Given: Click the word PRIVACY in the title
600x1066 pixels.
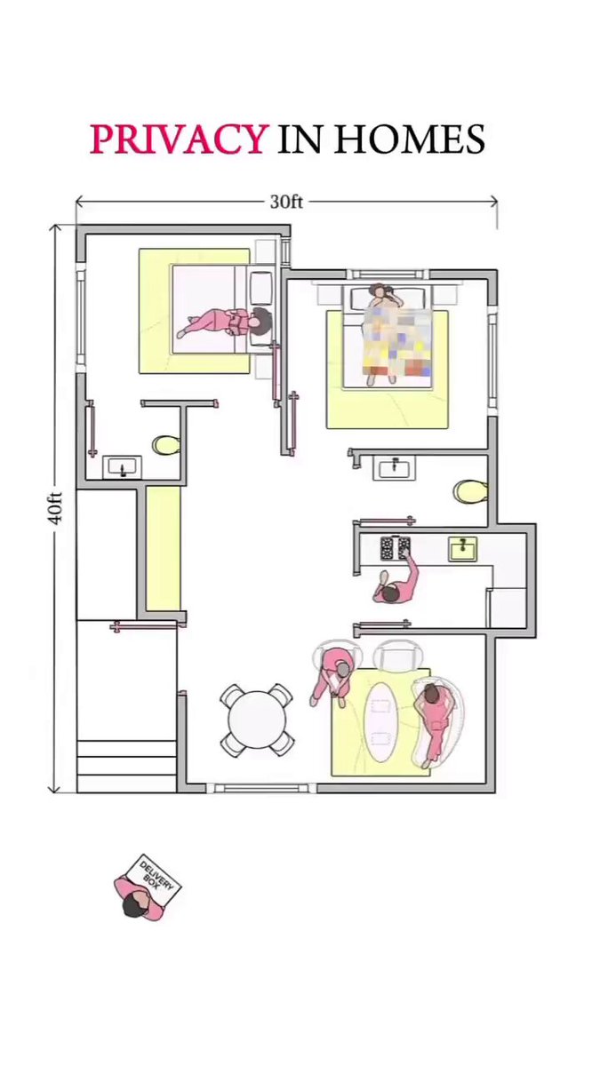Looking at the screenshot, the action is [177, 139].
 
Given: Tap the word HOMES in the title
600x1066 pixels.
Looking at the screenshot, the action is [410, 139].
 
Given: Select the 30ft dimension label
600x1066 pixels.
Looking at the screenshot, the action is [286, 202].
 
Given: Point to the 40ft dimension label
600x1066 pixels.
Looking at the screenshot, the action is [55, 508].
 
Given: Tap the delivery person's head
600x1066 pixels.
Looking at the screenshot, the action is [135, 905].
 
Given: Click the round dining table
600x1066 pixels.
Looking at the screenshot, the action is [257, 720].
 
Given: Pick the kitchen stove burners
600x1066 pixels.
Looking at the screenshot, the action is [396, 547].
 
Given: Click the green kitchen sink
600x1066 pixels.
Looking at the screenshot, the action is [463, 549].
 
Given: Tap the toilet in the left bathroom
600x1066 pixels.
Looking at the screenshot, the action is [166, 445].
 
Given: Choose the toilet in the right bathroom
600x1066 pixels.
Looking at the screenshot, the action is [470, 491].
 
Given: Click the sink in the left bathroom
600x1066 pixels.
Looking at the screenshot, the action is [123, 467].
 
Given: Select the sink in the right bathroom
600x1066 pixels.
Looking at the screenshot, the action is [394, 467].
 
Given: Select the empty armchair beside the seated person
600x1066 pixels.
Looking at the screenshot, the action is [396, 656].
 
